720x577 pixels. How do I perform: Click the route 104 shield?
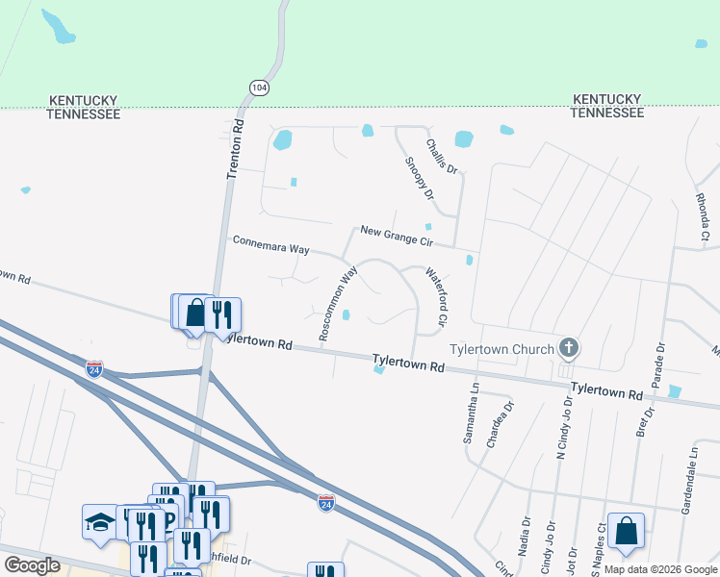tap(258, 88)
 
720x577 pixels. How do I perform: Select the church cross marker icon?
tap(569, 348)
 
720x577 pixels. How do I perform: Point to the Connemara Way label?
tap(271, 244)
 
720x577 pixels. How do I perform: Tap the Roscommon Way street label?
tap(338, 302)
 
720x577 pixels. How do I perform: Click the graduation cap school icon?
tap(98, 523)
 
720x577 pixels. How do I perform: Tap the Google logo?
tap(32, 565)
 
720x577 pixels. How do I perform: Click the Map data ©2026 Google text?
tap(659, 569)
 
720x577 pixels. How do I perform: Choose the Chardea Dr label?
tap(495, 419)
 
